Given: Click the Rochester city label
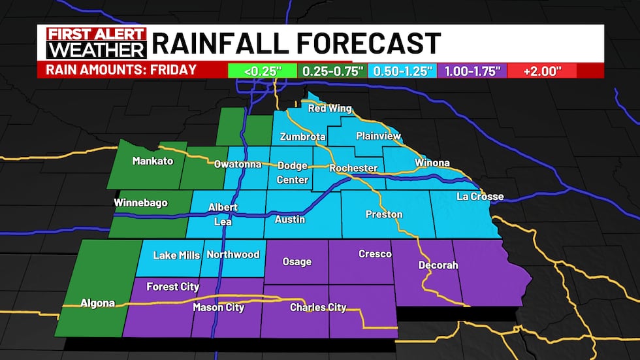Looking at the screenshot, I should [x=353, y=168].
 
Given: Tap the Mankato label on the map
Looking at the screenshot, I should [x=152, y=160].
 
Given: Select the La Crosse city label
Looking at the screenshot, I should [x=480, y=197].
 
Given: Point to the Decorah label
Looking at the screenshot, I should [x=438, y=265].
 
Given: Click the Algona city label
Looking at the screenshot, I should [x=97, y=303].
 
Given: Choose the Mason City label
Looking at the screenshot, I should [x=218, y=307].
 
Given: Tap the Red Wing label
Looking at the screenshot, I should [x=330, y=108].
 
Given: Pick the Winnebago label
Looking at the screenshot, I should [x=140, y=203].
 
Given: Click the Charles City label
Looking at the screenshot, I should [x=318, y=307].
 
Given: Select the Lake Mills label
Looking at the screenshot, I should [x=176, y=255].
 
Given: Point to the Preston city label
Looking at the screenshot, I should [x=384, y=214].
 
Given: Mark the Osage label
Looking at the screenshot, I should [x=296, y=262].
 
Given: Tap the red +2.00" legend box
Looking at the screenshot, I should [x=541, y=71].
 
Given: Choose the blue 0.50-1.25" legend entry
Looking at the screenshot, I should [x=400, y=71].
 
